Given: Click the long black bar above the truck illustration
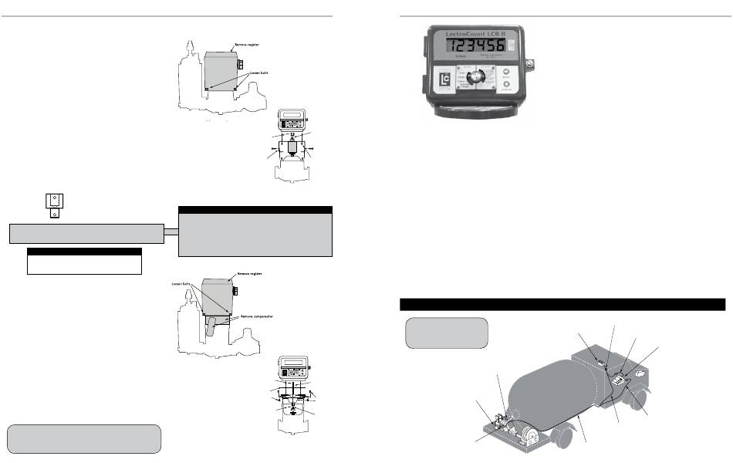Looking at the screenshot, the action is [x=562, y=303].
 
